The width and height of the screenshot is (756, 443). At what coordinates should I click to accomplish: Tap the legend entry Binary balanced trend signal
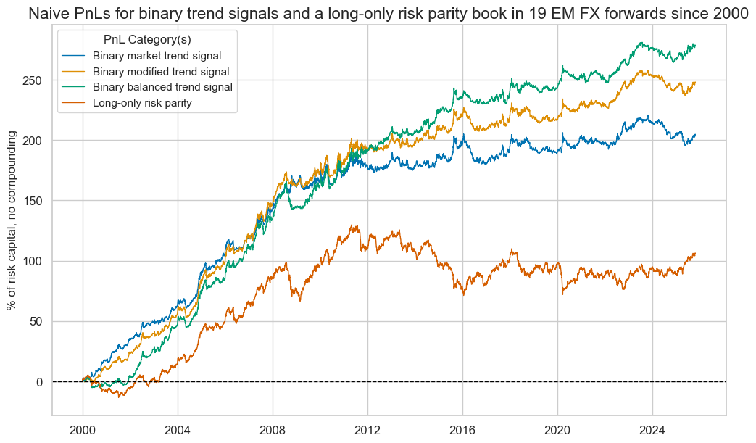(162, 87)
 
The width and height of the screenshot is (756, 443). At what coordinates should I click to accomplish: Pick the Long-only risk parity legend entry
(142, 103)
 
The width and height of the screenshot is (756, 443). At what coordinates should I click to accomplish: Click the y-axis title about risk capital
(13, 220)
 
